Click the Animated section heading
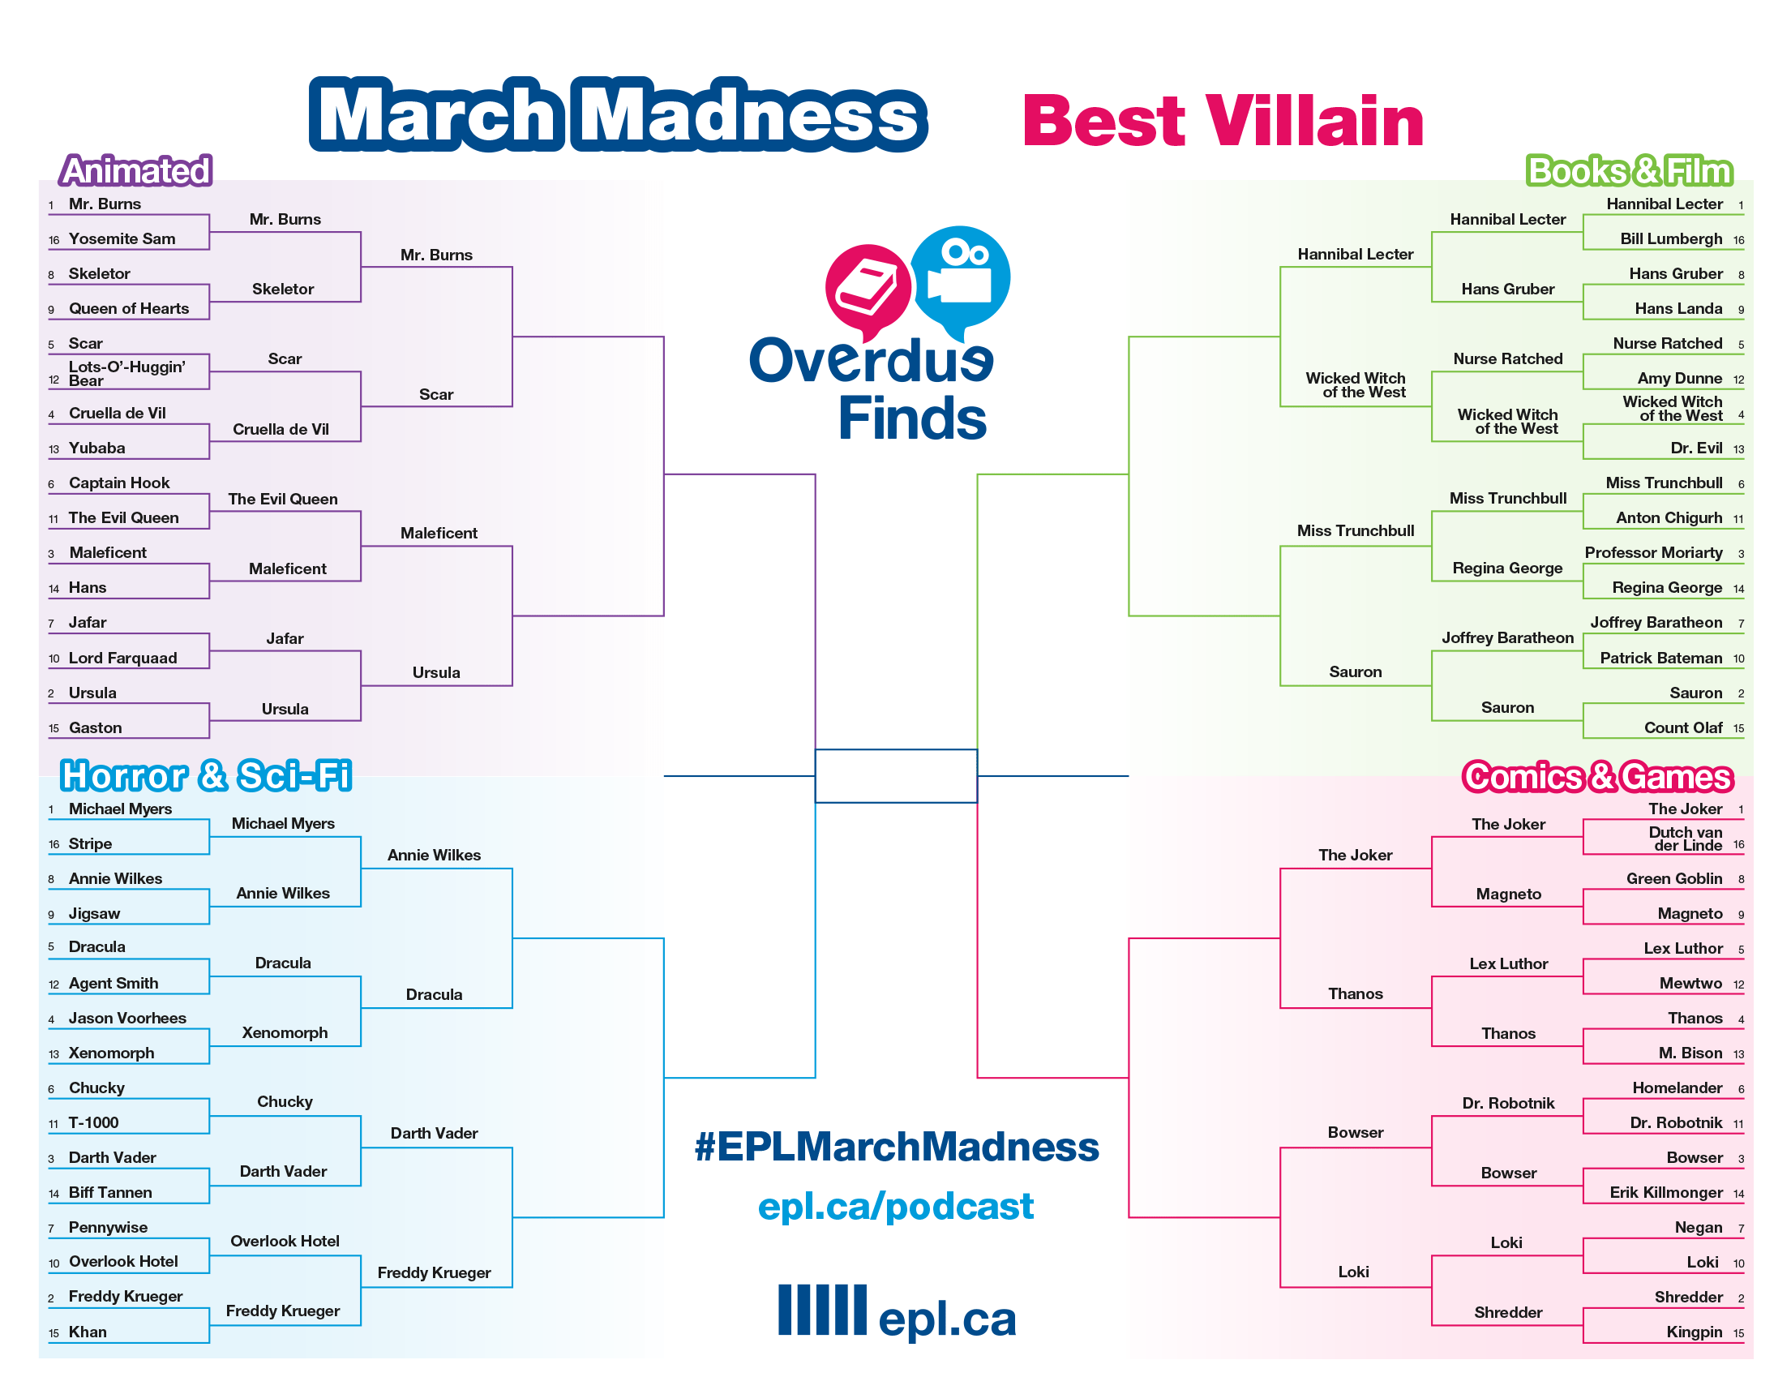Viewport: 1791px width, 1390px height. tap(136, 170)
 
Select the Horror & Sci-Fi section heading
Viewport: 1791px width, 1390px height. tap(206, 775)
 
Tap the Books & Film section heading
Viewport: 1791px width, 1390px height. tap(1629, 170)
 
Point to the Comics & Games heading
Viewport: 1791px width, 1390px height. tap(1597, 777)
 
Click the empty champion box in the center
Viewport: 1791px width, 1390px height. tap(895, 776)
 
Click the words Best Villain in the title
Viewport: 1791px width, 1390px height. tap(1223, 121)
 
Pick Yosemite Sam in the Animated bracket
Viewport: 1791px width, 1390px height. tap(122, 238)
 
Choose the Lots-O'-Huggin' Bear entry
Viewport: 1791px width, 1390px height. tap(126, 373)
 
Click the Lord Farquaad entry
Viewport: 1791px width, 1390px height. tap(123, 658)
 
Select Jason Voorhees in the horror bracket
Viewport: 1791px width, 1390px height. tap(127, 1018)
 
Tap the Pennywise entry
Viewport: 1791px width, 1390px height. tap(109, 1228)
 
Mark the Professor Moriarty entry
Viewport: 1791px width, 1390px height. tap(1653, 553)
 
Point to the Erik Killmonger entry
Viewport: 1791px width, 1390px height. tap(1665, 1192)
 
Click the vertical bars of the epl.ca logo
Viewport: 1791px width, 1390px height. tap(821, 1310)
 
